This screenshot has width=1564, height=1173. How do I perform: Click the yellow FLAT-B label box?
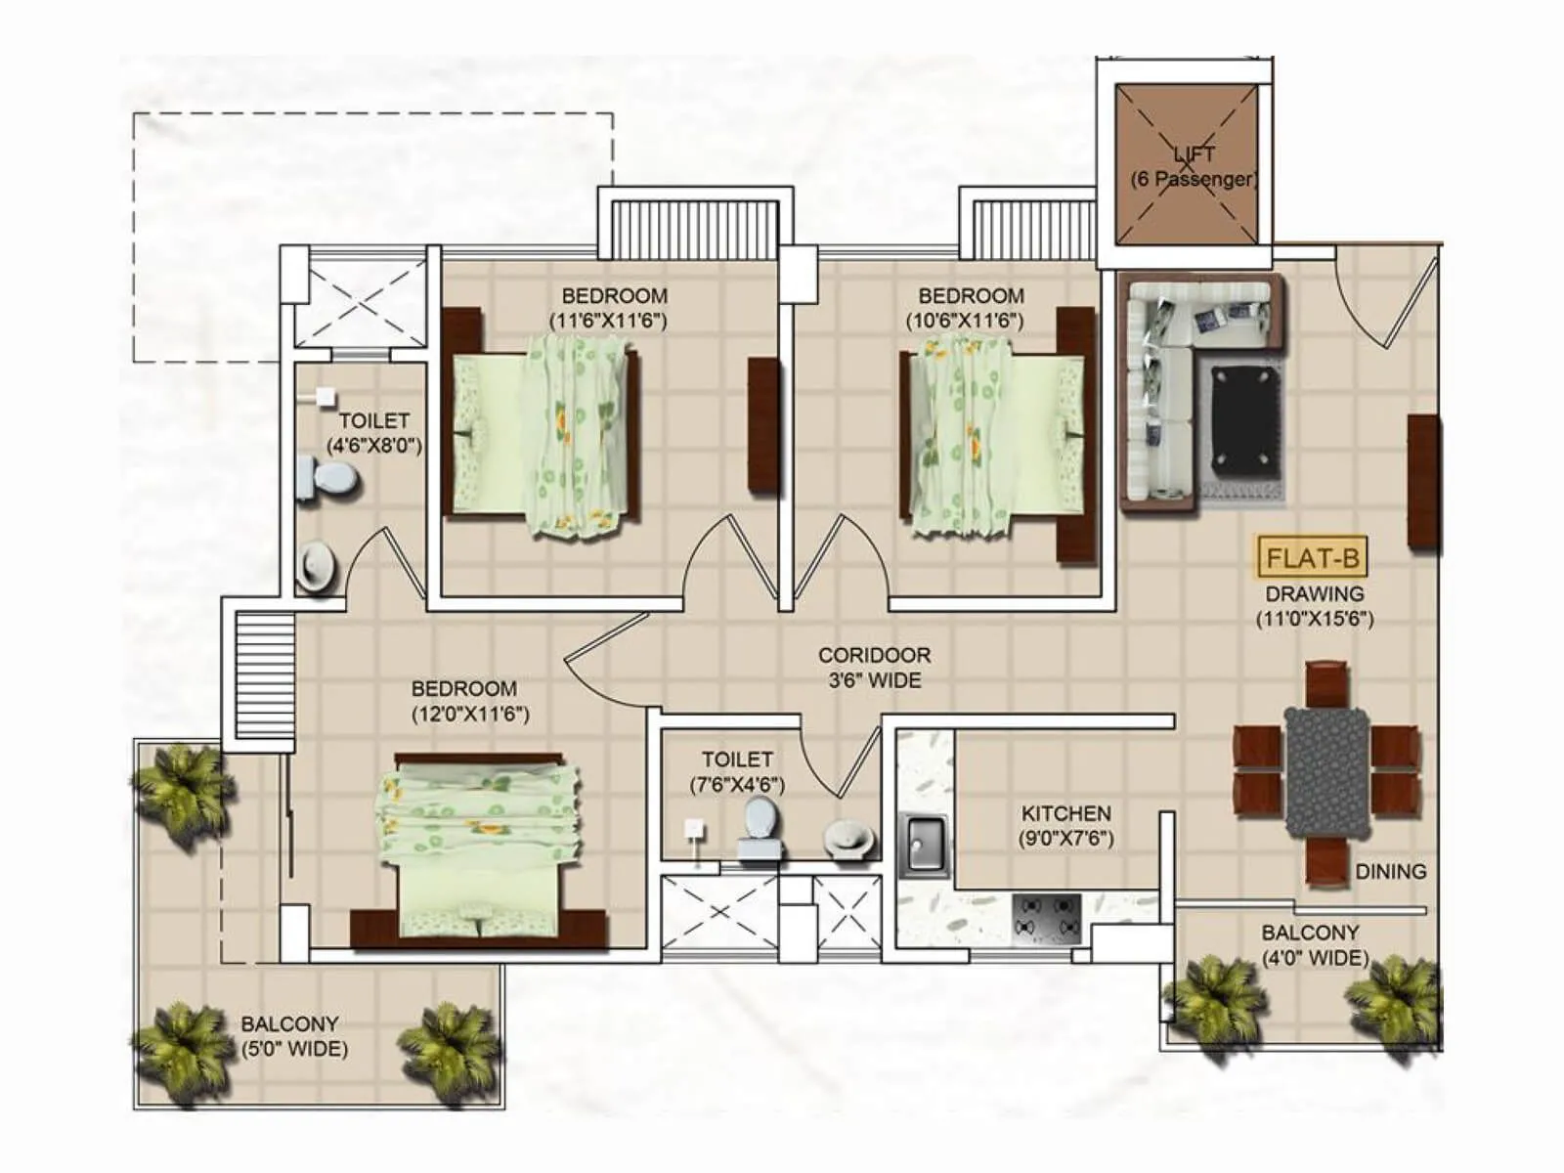click(x=1312, y=558)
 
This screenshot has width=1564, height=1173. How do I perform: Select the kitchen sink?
click(x=922, y=844)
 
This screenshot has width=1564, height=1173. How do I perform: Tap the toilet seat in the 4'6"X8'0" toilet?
click(x=328, y=479)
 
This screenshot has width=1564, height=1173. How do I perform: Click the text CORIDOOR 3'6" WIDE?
click(x=874, y=668)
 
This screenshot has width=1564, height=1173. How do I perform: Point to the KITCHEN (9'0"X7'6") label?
click(x=1065, y=825)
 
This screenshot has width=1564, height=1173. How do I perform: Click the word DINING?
click(x=1390, y=871)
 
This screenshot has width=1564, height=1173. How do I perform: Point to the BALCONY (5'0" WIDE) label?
click(x=293, y=1036)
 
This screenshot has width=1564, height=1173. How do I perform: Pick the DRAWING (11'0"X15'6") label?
click(x=1314, y=606)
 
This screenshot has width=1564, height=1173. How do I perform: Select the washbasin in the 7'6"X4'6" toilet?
click(x=848, y=838)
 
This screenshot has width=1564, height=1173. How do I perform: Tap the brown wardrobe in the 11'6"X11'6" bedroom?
click(x=763, y=424)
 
